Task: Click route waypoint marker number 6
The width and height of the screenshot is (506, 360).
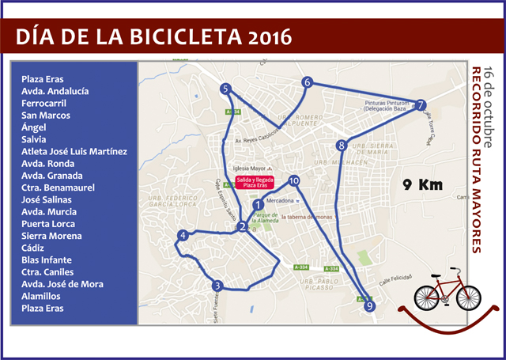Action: click(x=308, y=82)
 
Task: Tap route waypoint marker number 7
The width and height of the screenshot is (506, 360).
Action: click(x=421, y=105)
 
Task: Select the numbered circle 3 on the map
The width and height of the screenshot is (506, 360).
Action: click(x=217, y=286)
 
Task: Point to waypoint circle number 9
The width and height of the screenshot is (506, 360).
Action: click(x=370, y=307)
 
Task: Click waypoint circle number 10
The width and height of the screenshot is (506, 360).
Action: click(x=294, y=181)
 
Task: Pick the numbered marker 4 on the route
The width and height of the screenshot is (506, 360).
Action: click(x=183, y=235)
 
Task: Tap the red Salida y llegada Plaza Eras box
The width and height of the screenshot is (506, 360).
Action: click(x=255, y=184)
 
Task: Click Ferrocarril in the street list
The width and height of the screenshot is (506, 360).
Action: click(x=44, y=103)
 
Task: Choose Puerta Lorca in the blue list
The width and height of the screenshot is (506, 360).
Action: click(x=51, y=224)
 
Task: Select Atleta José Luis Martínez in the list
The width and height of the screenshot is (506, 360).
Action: click(x=74, y=151)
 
